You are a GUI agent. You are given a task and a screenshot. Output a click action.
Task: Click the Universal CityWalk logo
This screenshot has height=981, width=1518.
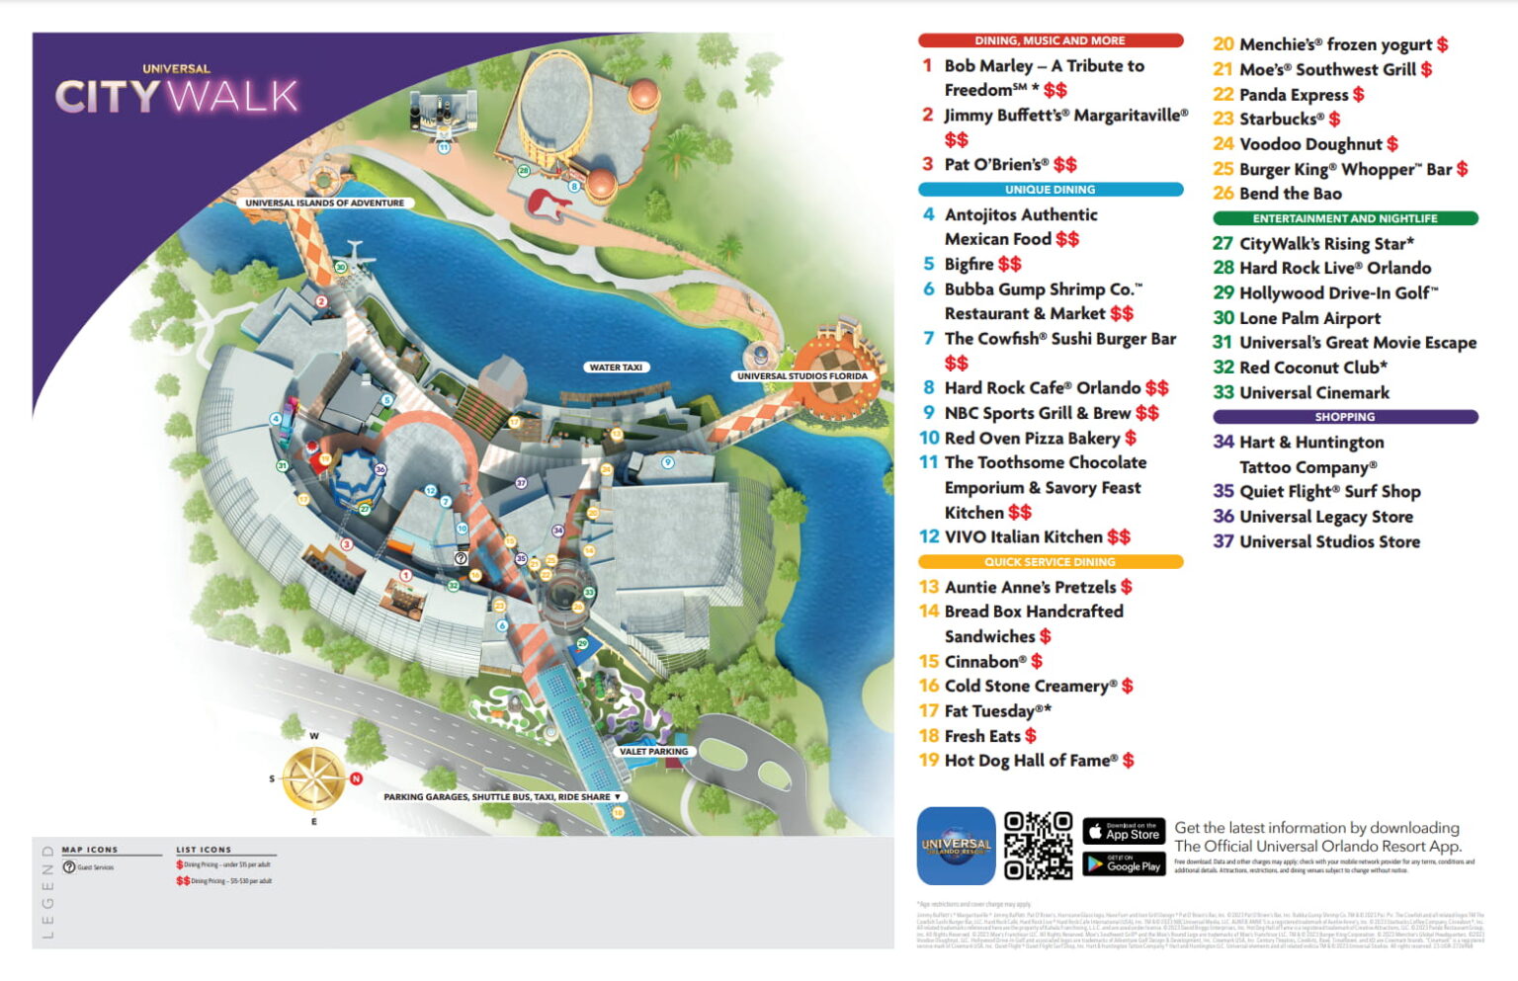click(177, 92)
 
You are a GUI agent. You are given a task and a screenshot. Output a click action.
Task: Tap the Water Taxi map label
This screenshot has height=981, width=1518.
click(616, 368)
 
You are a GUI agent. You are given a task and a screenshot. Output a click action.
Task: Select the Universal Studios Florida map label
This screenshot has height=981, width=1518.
click(801, 376)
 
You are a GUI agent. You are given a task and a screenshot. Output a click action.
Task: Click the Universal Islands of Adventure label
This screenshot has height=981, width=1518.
click(324, 204)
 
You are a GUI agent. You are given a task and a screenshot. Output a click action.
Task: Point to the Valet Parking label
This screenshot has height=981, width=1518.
click(653, 752)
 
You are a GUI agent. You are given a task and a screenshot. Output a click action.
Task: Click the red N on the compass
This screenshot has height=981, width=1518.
click(356, 778)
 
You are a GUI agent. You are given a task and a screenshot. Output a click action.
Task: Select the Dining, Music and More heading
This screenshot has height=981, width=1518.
click(1050, 41)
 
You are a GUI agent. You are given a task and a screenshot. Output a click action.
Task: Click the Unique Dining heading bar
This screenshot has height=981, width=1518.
click(1050, 190)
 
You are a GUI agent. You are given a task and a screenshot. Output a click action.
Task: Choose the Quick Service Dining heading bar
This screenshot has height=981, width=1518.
click(1050, 562)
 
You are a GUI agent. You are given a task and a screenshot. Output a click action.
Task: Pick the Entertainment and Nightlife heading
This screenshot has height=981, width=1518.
click(1344, 218)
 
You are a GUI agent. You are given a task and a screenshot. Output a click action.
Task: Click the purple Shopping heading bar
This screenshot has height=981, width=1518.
click(1344, 417)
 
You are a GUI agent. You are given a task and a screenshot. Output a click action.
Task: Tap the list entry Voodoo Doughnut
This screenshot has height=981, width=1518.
click(1310, 144)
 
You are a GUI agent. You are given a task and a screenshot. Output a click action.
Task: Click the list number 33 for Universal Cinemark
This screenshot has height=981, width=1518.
click(1223, 393)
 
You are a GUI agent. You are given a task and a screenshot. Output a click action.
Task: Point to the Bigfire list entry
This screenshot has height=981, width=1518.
click(970, 265)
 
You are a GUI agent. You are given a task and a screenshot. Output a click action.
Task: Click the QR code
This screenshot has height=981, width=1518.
click(1038, 846)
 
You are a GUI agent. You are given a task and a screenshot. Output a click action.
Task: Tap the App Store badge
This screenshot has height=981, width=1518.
click(1124, 832)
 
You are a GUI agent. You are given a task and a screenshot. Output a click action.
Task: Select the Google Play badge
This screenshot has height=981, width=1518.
click(1124, 864)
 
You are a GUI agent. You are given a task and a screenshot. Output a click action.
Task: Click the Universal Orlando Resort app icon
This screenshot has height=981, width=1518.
click(956, 846)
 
